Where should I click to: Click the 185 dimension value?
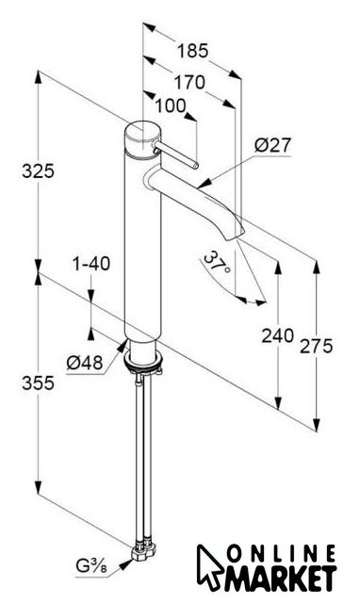click(192, 51)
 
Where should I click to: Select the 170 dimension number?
click(189, 83)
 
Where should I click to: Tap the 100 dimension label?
click(171, 106)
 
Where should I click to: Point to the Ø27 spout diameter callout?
click(273, 145)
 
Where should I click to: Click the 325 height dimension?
click(38, 171)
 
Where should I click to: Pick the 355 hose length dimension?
click(38, 383)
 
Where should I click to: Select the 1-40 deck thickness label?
click(91, 264)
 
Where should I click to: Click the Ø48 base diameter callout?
click(85, 362)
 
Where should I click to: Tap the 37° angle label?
click(217, 262)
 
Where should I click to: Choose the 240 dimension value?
click(278, 335)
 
